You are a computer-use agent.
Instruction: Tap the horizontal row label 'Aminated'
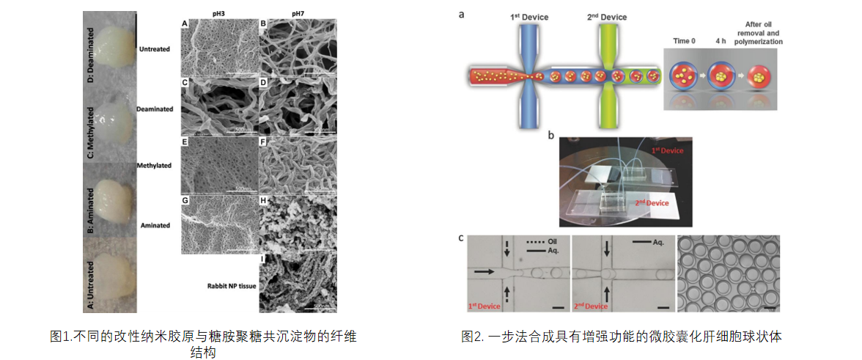(155, 226)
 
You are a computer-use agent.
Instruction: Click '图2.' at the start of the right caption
(473, 337)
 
